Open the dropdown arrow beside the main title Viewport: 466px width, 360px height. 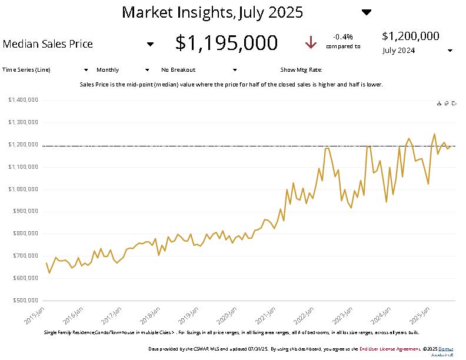pos(367,12)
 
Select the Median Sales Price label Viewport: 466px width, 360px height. pos(48,44)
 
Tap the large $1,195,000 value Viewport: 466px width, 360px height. pos(227,43)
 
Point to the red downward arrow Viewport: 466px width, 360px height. pos(311,43)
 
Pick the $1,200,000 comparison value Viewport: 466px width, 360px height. pos(411,36)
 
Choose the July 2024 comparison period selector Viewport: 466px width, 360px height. pos(418,51)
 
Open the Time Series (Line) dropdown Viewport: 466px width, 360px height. pos(46,69)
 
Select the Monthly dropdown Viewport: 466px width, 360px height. pos(122,69)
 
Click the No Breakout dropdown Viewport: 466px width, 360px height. pos(198,69)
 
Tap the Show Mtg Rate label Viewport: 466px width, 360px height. pos(301,69)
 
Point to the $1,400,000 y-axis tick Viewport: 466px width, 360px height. pos(24,100)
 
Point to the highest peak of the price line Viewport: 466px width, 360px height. pos(434,134)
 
